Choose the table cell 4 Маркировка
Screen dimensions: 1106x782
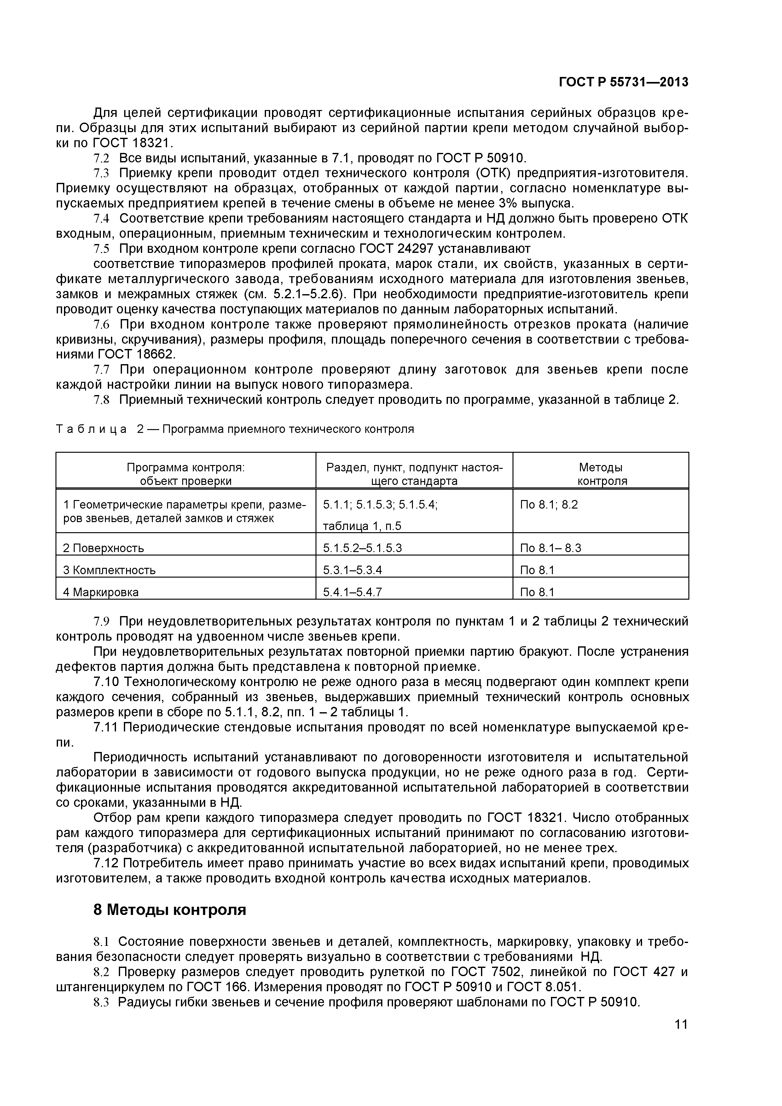101,592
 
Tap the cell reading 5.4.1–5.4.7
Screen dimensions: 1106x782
352,592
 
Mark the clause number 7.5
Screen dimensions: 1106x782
101,249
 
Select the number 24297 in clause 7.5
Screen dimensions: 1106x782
417,249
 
